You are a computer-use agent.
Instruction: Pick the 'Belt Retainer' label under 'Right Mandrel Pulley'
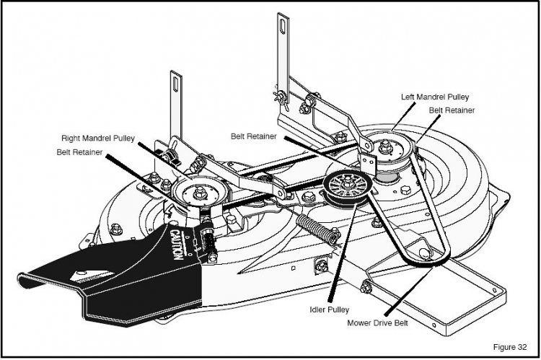(x=82, y=152)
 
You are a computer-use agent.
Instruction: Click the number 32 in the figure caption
(x=523, y=346)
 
